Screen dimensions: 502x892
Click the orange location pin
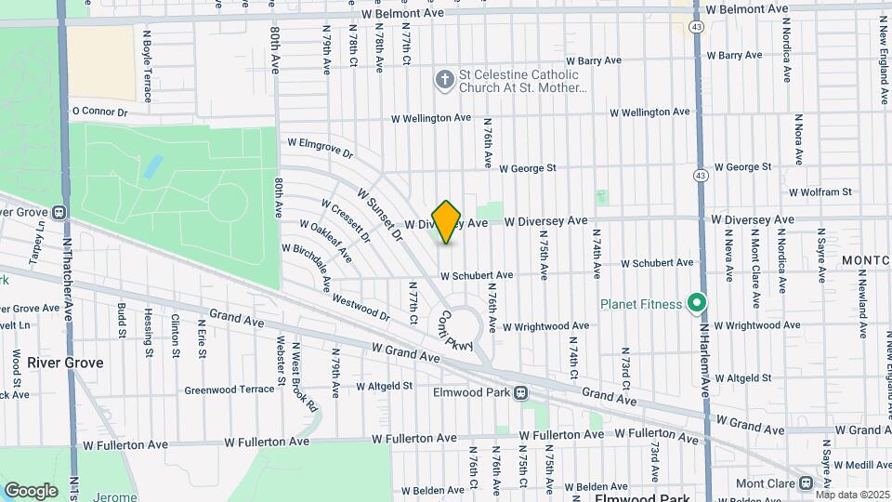447,221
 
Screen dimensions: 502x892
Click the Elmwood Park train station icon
521,392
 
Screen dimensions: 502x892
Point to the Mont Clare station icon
807,483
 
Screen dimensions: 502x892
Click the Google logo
31,490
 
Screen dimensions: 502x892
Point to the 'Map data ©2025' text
852,495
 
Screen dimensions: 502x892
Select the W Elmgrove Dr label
321,148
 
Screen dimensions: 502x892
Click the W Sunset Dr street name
384,216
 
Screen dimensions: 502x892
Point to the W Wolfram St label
820,192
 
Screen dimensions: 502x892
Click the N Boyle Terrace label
146,65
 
